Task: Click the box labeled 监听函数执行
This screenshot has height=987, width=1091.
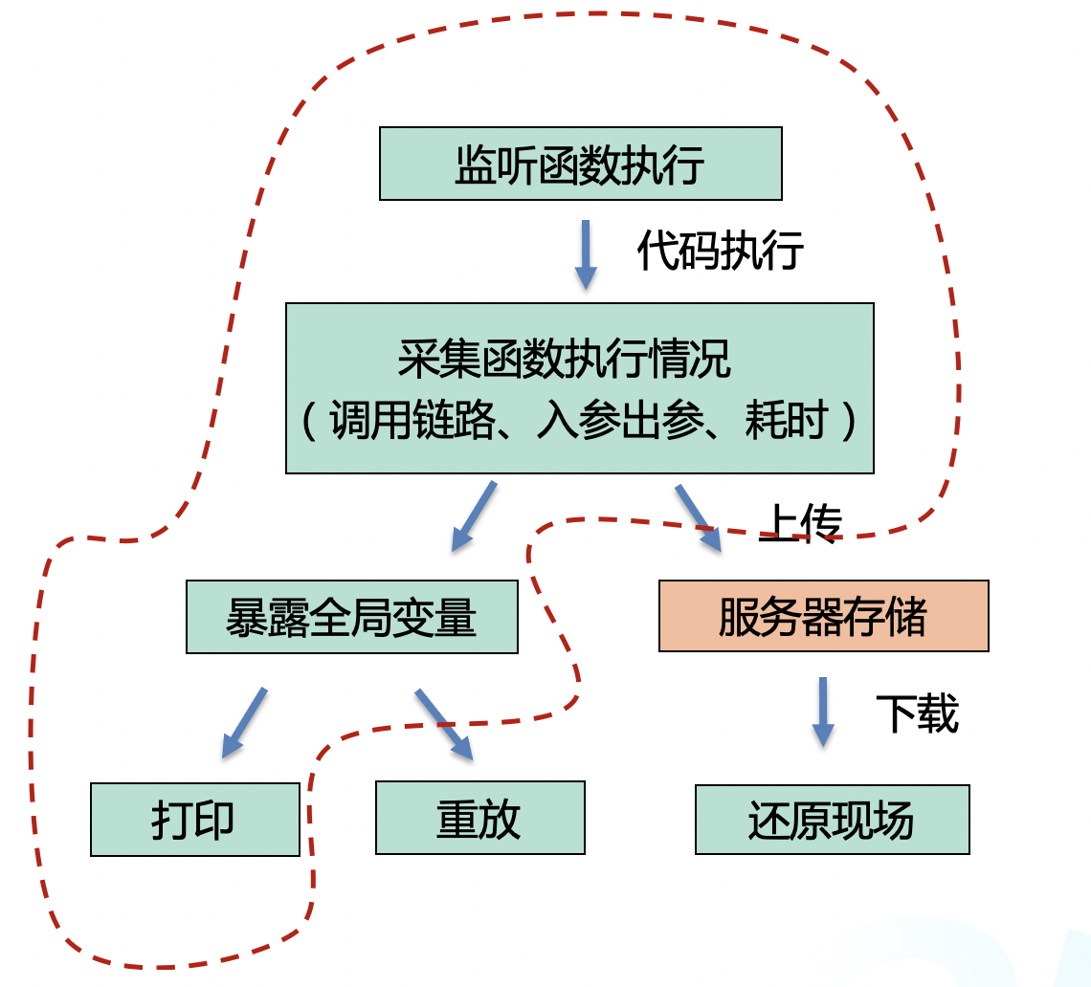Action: (580, 164)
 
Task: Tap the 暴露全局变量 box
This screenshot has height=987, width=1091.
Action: (351, 617)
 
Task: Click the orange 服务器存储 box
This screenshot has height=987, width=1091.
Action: (823, 616)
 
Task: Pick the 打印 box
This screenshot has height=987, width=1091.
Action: (194, 820)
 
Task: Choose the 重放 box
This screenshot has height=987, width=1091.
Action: (479, 818)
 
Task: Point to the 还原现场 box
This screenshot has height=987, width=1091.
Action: (832, 820)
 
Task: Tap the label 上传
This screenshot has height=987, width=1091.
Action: (800, 523)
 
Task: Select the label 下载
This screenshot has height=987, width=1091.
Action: (917, 713)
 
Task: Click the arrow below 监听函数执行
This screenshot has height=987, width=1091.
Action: (586, 254)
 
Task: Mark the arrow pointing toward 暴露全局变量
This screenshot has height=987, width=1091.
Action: (474, 515)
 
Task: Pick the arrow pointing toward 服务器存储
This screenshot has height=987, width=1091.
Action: (698, 517)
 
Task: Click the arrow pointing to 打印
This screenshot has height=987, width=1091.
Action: (244, 722)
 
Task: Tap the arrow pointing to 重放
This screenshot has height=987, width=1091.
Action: (444, 724)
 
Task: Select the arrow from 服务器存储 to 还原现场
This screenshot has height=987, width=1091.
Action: (822, 712)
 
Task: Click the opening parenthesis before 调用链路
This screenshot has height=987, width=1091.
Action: (309, 421)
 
